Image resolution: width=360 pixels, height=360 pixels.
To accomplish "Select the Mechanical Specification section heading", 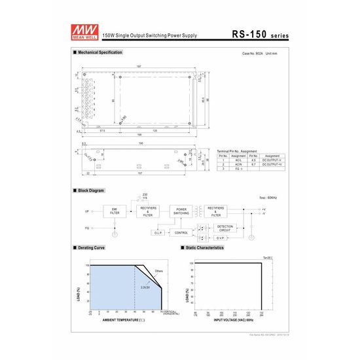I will (100, 52).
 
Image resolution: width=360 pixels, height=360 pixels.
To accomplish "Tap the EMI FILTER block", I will (115, 211).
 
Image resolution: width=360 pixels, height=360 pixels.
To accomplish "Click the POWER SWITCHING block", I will (181, 211).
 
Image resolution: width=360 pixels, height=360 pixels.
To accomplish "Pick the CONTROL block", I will (181, 232).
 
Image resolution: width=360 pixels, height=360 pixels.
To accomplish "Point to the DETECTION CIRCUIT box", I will (225, 229).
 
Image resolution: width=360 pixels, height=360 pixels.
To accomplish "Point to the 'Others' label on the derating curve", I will (158, 270).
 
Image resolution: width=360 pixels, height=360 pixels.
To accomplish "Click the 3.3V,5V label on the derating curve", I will (145, 287).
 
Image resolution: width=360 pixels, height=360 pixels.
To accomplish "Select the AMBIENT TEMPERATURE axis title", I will (127, 320).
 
